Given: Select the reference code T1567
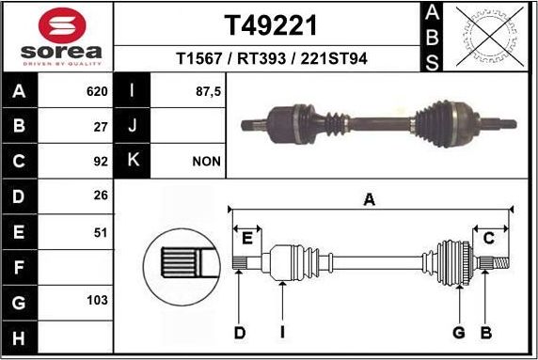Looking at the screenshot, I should pyautogui.click(x=200, y=58).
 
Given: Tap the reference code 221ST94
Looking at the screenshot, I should pyautogui.click(x=334, y=58).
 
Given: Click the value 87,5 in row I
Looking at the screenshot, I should pyautogui.click(x=207, y=92).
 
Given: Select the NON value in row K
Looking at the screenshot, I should pyautogui.click(x=206, y=161).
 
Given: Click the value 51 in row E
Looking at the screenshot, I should pyautogui.click(x=101, y=230).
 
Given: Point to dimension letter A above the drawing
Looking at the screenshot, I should pyautogui.click(x=370, y=198).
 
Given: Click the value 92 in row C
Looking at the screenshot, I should pyautogui.click(x=101, y=161).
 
